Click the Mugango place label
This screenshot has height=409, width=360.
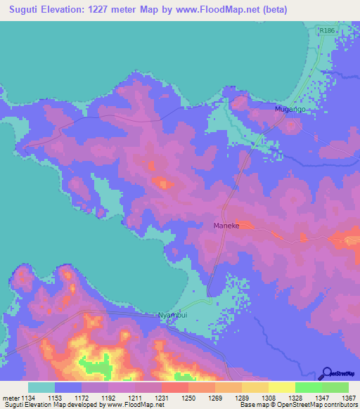click(x=289, y=111)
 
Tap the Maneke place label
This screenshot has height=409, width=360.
click(x=227, y=226)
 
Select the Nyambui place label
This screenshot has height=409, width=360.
click(x=173, y=315)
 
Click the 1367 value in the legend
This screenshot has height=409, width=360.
click(x=349, y=397)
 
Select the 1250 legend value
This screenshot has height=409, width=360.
click(x=188, y=397)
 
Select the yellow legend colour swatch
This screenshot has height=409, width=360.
click(x=281, y=387)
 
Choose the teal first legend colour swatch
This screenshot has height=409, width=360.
click(x=41, y=387)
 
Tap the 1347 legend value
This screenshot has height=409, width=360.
click(x=322, y=397)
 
